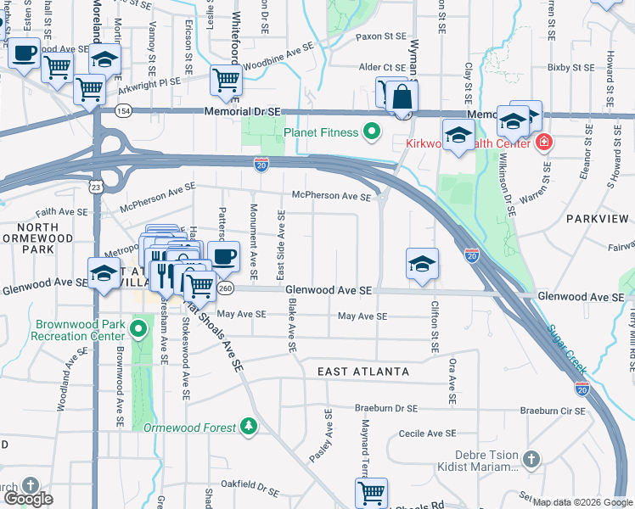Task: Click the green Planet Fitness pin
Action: pyautogui.click(x=370, y=132)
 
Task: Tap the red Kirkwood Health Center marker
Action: pyautogui.click(x=543, y=143)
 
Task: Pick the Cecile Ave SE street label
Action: pyautogui.click(x=424, y=433)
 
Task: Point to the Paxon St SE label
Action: pyautogui.click(x=381, y=37)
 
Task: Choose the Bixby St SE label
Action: pyautogui.click(x=570, y=66)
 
